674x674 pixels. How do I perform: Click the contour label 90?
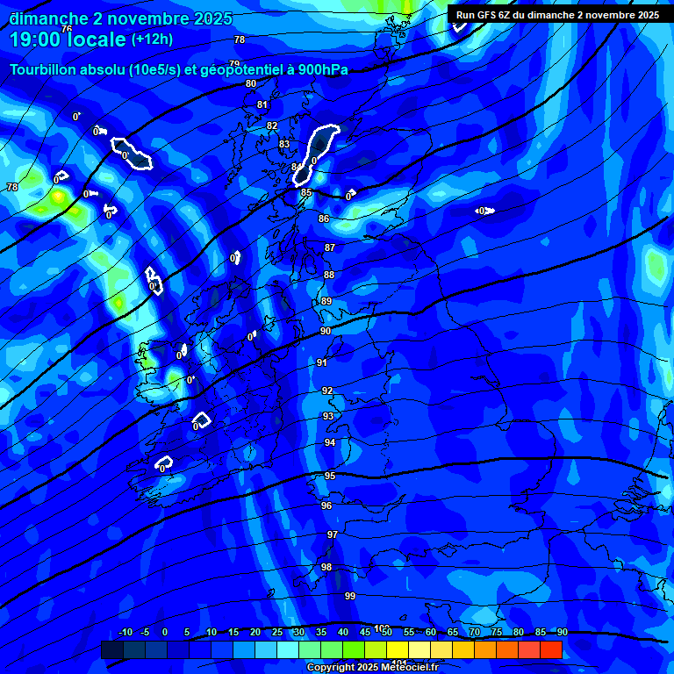pyautogui.click(x=326, y=331)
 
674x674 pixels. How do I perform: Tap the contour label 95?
pyautogui.click(x=330, y=476)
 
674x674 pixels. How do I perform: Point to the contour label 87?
pyautogui.click(x=330, y=247)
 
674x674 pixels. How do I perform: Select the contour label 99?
pyautogui.click(x=350, y=596)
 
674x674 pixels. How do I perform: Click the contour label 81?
pyautogui.click(x=262, y=104)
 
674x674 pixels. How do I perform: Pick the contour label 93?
pyautogui.click(x=328, y=416)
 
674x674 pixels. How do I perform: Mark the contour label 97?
pyautogui.click(x=333, y=534)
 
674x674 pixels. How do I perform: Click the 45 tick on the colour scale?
pyautogui.click(x=364, y=632)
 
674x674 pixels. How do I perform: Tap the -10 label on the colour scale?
pyautogui.click(x=125, y=632)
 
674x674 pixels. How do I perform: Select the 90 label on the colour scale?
pyautogui.click(x=562, y=632)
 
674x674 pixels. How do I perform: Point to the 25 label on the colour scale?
pyautogui.click(x=276, y=632)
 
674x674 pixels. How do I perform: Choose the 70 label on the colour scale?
pyautogui.click(x=475, y=632)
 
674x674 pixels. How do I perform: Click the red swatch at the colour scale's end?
pyautogui.click(x=551, y=649)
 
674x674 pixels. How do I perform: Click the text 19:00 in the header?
pyautogui.click(x=36, y=39)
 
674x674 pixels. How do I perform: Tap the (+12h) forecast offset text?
pyautogui.click(x=152, y=39)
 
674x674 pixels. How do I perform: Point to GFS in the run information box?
pyautogui.click(x=490, y=14)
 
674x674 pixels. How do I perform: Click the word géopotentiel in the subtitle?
pyautogui.click(x=233, y=69)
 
